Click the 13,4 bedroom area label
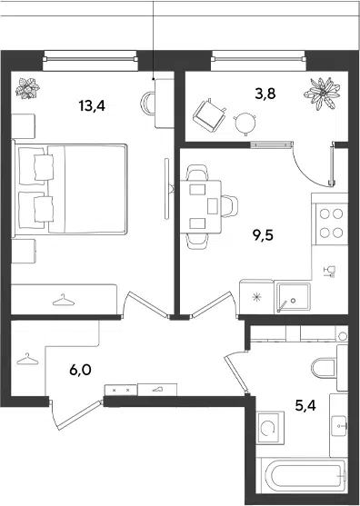92,105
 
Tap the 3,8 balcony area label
265,94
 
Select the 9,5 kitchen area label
263,235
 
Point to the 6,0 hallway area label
80,370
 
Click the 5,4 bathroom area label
305,405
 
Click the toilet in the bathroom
325,368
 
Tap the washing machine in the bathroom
270,428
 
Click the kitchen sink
293,297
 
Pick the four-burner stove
331,223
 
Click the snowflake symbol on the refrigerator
256,297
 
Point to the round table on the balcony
245,123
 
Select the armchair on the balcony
209,115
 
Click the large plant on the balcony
322,94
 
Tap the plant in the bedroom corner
28,88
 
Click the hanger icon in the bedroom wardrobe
64,300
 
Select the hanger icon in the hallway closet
27,359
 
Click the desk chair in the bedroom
147,103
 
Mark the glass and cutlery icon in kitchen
330,272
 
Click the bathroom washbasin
339,425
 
